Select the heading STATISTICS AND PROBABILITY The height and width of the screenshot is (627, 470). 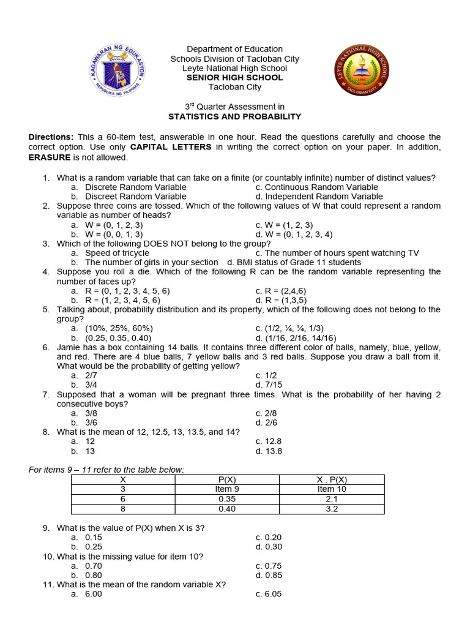coord(235,116)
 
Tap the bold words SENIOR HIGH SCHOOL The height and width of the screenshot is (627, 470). coord(235,78)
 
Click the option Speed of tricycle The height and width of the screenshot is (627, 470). coord(117,253)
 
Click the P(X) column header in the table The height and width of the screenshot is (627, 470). coord(227,479)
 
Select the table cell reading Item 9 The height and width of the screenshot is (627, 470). coord(227,489)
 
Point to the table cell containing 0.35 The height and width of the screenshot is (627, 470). coord(227,499)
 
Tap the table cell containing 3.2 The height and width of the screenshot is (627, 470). coord(332,509)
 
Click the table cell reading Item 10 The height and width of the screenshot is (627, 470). coord(332,489)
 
